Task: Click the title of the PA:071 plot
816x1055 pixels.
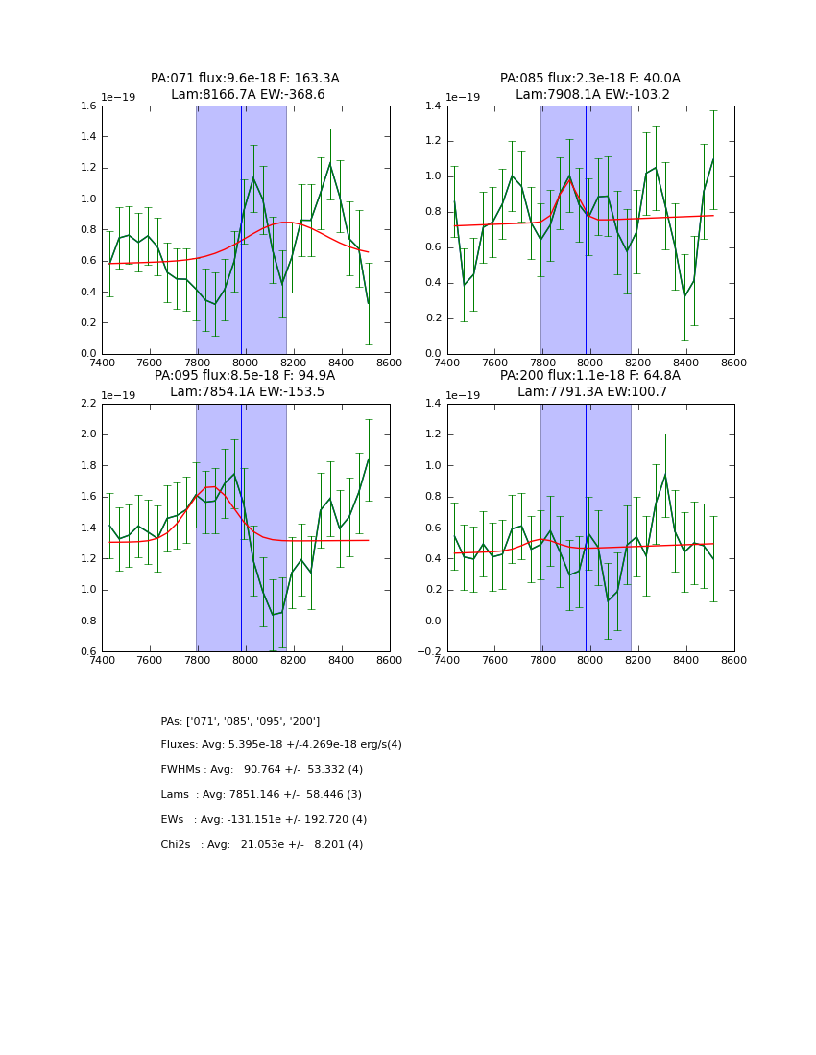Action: pyautogui.click(x=245, y=86)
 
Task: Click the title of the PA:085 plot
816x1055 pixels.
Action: pyautogui.click(x=590, y=86)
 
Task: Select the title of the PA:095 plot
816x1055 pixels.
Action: pyautogui.click(x=245, y=384)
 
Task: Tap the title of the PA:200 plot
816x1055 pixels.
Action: pyautogui.click(x=590, y=384)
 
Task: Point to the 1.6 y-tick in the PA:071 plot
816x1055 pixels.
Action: pyautogui.click(x=88, y=106)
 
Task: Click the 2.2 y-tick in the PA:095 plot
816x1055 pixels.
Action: pyautogui.click(x=88, y=404)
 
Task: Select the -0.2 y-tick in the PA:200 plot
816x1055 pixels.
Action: pyautogui.click(x=430, y=652)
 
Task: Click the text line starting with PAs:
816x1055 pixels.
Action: pyautogui.click(x=240, y=721)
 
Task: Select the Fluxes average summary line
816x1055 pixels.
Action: pyautogui.click(x=281, y=745)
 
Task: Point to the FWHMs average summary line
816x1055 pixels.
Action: pyautogui.click(x=262, y=770)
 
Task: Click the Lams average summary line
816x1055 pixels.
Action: pyautogui.click(x=261, y=795)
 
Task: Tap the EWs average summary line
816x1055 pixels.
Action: pyautogui.click(x=264, y=820)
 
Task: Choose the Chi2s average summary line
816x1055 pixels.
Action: pyautogui.click(x=262, y=845)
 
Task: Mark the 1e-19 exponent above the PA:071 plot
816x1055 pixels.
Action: pyautogui.click(x=120, y=98)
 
